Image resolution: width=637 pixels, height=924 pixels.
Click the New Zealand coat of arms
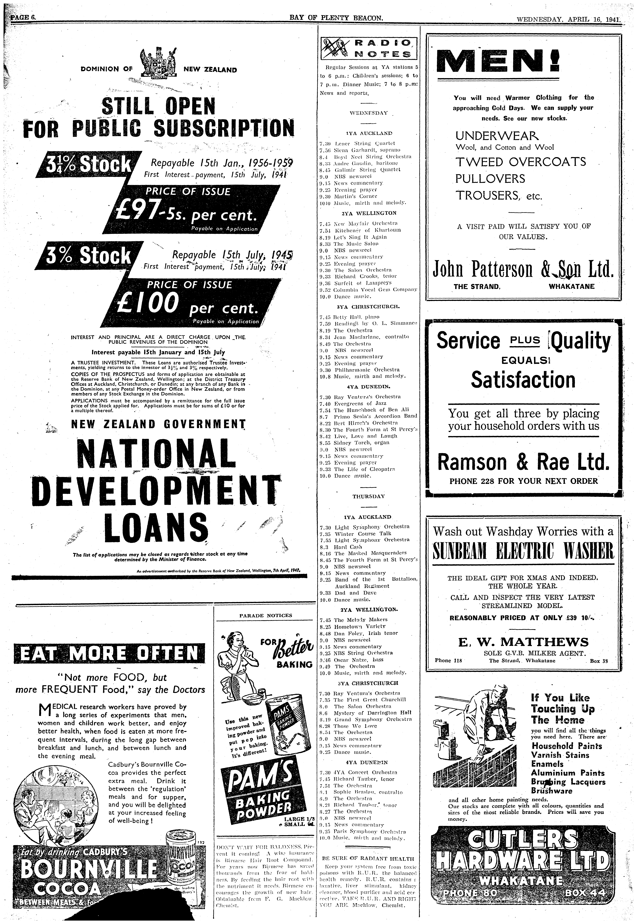click(158, 63)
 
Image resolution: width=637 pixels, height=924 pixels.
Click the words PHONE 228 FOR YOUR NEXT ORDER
click(523, 481)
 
